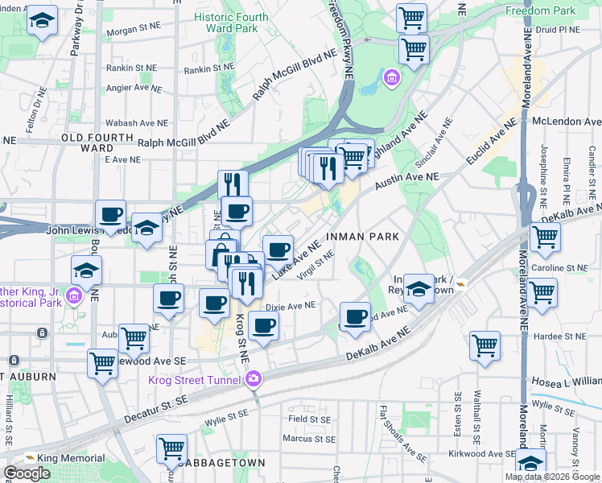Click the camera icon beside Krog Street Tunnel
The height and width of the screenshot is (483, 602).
click(254, 378)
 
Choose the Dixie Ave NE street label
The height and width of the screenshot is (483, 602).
click(290, 305)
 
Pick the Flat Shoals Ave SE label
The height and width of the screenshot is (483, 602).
click(402, 434)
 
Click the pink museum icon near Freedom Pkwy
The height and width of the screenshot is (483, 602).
click(392, 78)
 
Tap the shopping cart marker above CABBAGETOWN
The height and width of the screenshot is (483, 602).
click(171, 448)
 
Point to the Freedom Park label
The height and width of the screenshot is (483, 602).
click(541, 10)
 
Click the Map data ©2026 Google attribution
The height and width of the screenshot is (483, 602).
click(551, 477)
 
